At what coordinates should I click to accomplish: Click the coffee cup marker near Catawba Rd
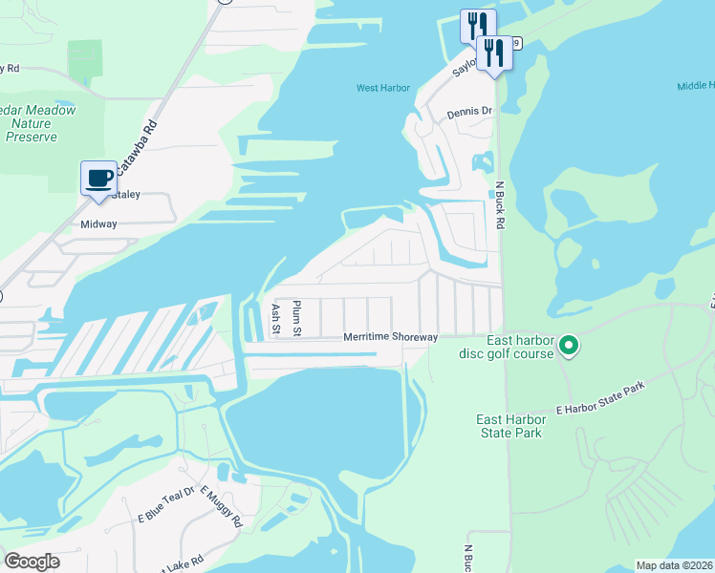[98, 178]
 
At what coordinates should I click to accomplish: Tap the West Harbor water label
[382, 89]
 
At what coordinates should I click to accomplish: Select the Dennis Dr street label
[468, 112]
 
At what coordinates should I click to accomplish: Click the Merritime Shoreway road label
[390, 337]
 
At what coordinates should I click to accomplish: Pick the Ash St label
[275, 319]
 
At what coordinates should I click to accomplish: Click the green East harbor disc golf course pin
[569, 345]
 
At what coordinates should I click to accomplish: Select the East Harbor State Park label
[510, 426]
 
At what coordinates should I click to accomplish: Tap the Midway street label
[99, 224]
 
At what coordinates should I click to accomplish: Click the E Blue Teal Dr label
[165, 502]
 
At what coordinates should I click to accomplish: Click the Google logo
[32, 562]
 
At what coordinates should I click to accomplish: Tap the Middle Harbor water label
[696, 86]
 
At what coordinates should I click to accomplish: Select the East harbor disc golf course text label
[520, 348]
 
